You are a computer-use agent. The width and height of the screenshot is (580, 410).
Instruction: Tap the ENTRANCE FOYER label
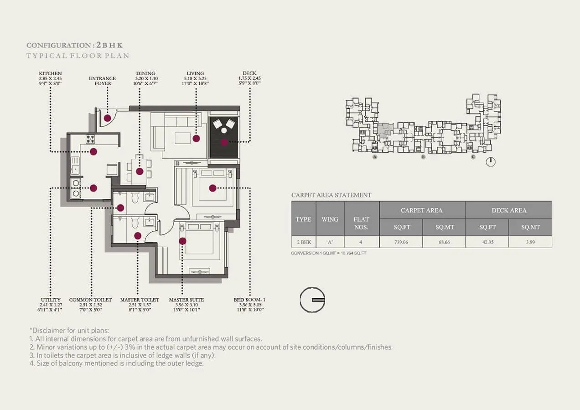pos(102,81)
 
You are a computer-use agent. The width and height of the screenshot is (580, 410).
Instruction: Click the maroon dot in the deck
pos(224,142)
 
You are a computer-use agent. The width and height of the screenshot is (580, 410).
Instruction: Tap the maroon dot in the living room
pos(196,138)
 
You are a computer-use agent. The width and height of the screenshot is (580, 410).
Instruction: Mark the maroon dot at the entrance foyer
pos(107,118)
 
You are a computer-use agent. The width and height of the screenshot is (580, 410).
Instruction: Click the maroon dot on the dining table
pos(140,171)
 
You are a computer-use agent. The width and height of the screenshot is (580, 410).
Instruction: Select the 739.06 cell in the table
pos(401,242)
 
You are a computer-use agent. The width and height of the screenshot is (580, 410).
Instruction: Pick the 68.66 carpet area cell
pos(444,242)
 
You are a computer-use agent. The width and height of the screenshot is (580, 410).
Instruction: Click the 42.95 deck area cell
pos(487,242)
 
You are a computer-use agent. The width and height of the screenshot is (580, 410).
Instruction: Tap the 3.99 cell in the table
pos(530,242)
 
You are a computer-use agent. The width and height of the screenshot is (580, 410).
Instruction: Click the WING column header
pos(330,219)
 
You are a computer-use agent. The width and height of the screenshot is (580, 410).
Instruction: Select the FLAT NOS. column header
pos(361,223)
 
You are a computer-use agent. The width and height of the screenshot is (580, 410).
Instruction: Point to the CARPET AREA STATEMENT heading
pos(331,195)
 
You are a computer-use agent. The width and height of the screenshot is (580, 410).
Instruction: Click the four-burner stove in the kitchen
pos(91,139)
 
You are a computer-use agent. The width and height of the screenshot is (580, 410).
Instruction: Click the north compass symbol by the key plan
pos(491,162)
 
